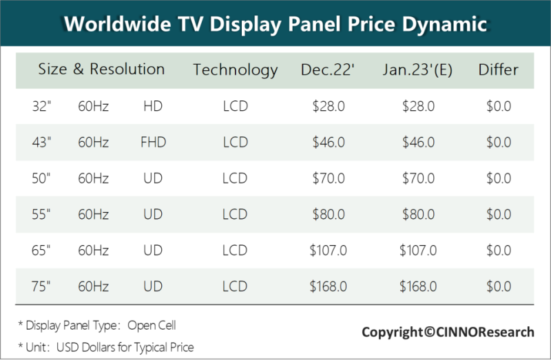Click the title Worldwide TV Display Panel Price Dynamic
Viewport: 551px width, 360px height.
pos(275,24)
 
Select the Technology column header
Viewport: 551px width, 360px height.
pos(235,70)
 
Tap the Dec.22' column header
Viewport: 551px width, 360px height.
pos(328,70)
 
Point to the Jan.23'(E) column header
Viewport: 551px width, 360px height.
pos(418,70)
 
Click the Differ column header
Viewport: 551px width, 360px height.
pos(498,70)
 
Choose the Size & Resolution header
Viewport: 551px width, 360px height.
pos(101,69)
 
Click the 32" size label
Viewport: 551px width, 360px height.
pos(41,107)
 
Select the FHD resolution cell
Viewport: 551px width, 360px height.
pos(153,142)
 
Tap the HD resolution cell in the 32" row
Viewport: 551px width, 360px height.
pos(153,107)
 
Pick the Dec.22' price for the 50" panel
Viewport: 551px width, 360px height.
pos(328,178)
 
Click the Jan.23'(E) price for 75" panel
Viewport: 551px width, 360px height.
pos(418,286)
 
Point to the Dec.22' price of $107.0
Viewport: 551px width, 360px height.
pos(328,250)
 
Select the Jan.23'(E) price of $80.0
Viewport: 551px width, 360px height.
pos(418,214)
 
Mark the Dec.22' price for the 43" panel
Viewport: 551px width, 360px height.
pos(328,142)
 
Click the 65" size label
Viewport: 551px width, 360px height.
pos(41,250)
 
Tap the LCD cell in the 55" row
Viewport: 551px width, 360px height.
pos(235,214)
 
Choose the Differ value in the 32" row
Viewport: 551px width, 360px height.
pos(498,107)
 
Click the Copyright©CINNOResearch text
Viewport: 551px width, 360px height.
pos(448,332)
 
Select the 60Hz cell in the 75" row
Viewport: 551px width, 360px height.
pos(93,286)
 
